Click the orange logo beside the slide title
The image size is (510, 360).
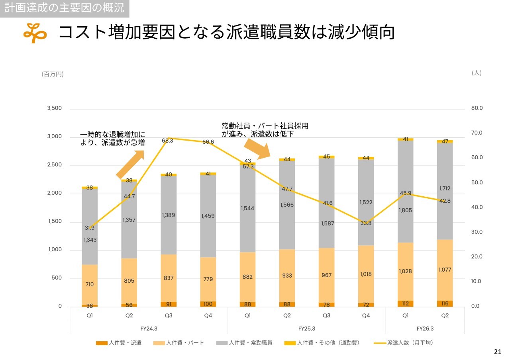35,33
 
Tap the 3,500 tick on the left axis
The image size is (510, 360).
54,108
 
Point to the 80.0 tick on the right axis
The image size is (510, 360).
477,108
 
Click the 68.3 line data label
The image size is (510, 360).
167,141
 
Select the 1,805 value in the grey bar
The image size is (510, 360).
405,210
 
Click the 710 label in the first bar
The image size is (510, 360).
90,284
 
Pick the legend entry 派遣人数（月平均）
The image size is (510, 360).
404,343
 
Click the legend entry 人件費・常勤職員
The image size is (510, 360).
244,343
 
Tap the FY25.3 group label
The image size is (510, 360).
307,329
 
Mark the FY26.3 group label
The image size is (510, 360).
425,329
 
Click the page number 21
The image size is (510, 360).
498,352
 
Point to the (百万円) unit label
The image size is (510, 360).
53,74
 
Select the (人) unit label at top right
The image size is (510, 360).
477,73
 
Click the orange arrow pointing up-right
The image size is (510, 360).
130,164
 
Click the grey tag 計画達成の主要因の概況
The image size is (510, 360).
65,8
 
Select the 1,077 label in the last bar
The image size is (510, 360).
445,270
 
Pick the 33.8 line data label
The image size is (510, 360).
366,223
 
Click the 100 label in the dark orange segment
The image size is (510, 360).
208,304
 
